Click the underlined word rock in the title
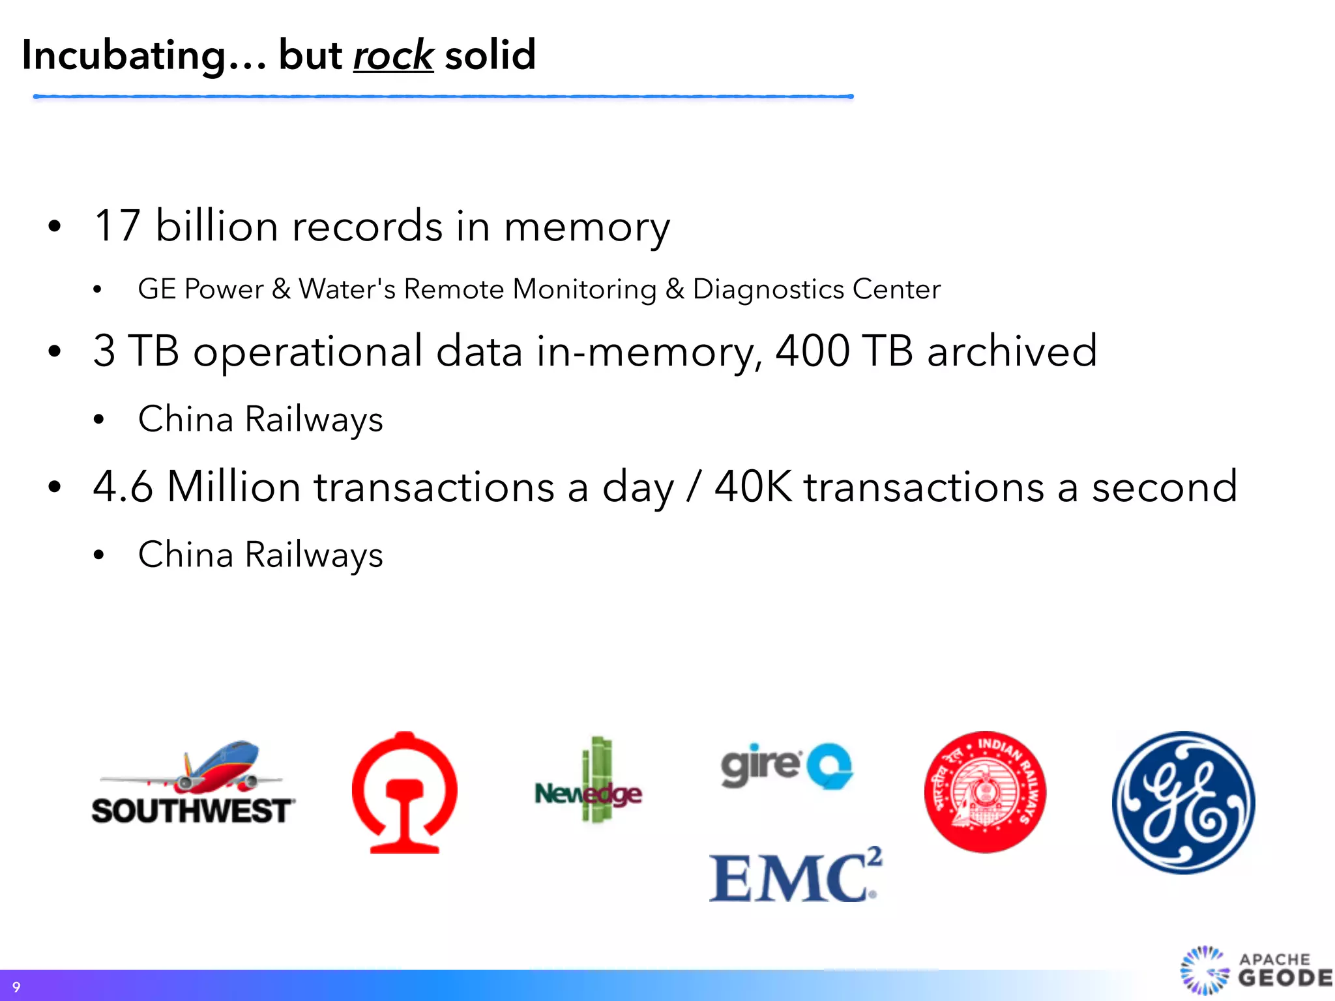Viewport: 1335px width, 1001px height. click(393, 55)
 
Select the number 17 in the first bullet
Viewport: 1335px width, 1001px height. click(117, 226)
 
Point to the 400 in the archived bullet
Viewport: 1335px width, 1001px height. click(812, 351)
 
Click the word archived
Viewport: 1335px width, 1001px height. click(1012, 351)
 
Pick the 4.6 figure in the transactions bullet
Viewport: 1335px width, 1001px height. click(123, 487)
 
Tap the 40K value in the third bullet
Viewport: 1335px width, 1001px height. click(753, 487)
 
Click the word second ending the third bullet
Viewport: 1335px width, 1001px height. click(1164, 487)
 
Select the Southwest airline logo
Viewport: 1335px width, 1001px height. click(193, 785)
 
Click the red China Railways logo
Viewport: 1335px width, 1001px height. click(404, 792)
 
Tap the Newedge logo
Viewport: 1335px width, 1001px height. click(589, 782)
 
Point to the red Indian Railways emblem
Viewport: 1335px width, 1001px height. click(985, 792)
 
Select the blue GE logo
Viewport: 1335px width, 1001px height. click(1183, 802)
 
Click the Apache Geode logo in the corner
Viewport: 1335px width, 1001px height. click(1255, 970)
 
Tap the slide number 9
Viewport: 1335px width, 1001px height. click(16, 987)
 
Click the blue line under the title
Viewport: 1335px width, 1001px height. click(443, 96)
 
